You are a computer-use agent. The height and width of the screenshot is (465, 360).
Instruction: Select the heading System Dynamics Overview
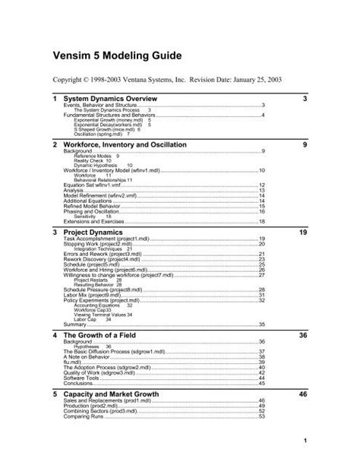click(x=110, y=100)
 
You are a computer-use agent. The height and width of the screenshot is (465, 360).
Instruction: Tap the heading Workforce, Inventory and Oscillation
click(x=133, y=144)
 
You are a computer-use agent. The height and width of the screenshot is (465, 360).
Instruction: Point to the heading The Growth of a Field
click(x=104, y=334)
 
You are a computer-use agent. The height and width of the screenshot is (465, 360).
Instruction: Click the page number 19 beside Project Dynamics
click(x=303, y=231)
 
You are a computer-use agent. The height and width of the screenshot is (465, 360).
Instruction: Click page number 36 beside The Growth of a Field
click(x=303, y=334)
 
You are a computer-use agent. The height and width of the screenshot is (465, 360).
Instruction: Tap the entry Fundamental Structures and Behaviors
click(x=106, y=115)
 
